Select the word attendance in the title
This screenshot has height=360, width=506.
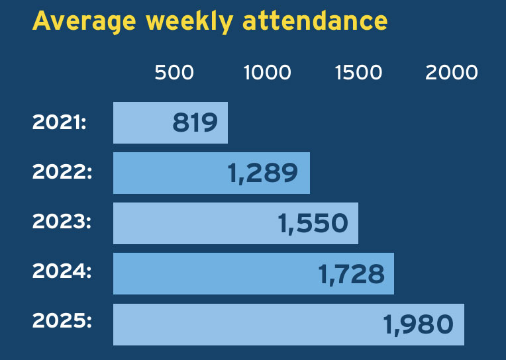coord(315,21)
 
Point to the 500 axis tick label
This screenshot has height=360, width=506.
coord(174,72)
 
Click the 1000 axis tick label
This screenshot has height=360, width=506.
coord(267,72)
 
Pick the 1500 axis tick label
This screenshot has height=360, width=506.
coord(358,72)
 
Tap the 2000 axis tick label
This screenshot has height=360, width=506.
coord(451,72)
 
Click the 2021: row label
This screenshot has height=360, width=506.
coord(60,122)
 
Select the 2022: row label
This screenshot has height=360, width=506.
coord(62,173)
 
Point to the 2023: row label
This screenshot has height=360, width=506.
coord(62,223)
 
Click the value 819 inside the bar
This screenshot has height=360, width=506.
coord(195,123)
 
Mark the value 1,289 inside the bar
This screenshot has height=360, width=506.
coord(262,173)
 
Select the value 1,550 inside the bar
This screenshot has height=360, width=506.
coord(313,224)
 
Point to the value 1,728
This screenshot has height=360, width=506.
coord(351,274)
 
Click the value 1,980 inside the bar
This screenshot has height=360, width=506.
coord(418,324)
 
